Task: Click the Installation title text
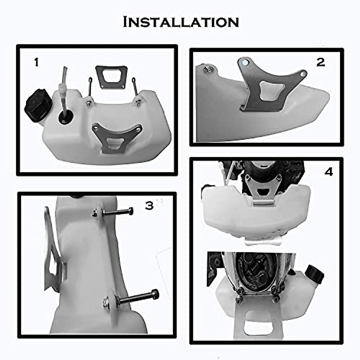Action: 181,22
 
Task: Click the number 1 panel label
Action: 37,63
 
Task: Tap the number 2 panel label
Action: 321,62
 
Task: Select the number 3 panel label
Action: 149,206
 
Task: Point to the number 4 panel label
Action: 329,172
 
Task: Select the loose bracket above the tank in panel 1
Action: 111,77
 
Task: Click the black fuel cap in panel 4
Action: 314,274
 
